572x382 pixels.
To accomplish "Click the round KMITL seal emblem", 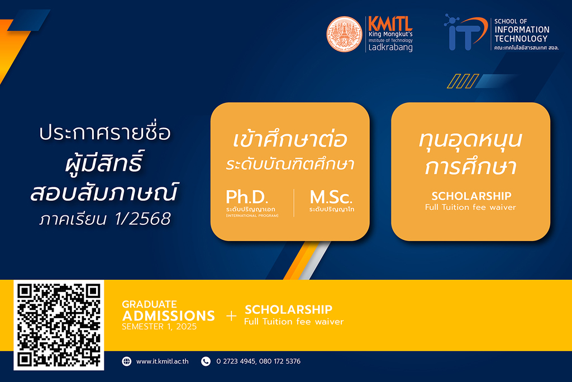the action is point(344,34).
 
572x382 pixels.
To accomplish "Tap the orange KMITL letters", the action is point(390,23).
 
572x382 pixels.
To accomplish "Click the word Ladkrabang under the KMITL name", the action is point(390,48).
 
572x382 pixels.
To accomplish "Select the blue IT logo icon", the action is point(466,32).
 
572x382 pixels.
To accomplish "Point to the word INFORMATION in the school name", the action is point(522,30).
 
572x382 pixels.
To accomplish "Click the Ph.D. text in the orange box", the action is point(247,197).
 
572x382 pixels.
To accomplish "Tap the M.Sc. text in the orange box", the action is point(331,197).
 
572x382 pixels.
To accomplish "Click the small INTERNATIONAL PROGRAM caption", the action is point(252,216).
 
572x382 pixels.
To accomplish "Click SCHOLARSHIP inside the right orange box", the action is point(471,196).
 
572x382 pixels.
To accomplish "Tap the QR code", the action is point(59,325).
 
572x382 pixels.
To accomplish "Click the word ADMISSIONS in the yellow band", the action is point(169,316).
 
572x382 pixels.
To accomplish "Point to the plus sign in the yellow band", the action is point(231,316).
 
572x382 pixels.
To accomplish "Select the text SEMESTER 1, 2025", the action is point(159,327).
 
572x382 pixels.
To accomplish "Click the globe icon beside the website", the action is point(127,361).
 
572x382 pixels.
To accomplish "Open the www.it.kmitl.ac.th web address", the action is point(163,361).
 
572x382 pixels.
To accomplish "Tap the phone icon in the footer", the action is point(206,361).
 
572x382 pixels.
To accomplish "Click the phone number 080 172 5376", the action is point(280,361).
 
